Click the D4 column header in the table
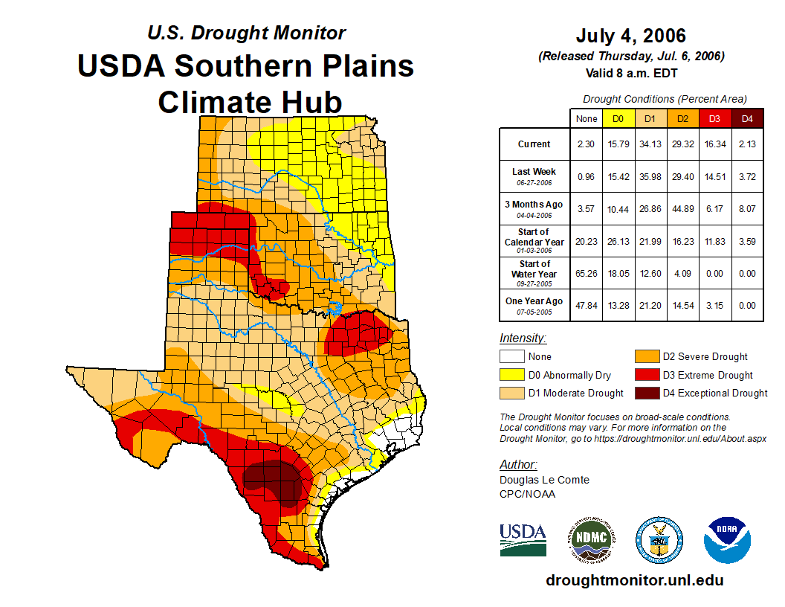[747, 118]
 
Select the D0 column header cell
[618, 118]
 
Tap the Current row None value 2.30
[587, 144]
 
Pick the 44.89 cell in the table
[683, 209]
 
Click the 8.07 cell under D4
[747, 209]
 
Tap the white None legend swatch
[511, 357]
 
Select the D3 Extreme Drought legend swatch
[645, 375]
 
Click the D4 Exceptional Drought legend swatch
[645, 393]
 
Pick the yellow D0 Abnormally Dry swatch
[511, 375]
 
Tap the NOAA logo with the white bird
[728, 540]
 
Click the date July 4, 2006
[631, 36]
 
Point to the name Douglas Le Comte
[544, 480]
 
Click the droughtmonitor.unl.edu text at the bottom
[634, 580]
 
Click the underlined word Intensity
[523, 338]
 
